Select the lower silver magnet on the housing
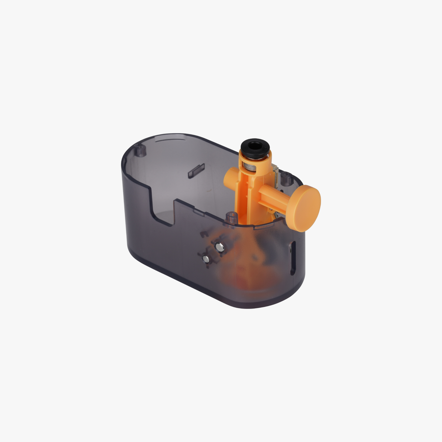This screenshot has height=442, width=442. (x=206, y=259)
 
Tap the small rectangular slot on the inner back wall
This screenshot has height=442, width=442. (x=194, y=172)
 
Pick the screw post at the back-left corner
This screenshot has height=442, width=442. (x=141, y=151)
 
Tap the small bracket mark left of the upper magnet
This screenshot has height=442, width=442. (x=202, y=234)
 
